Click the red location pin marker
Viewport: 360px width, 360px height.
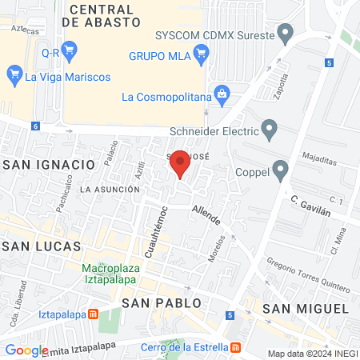click(x=181, y=162)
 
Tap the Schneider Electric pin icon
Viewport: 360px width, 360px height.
click(x=270, y=129)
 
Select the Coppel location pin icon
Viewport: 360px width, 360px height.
click(x=280, y=170)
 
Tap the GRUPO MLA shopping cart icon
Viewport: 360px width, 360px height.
click(x=200, y=55)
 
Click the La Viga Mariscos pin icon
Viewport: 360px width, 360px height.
click(x=14, y=77)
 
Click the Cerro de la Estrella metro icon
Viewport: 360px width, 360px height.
click(x=235, y=346)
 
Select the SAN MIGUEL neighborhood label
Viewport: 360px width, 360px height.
click(x=306, y=309)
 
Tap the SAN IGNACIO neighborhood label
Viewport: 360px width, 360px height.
click(x=49, y=164)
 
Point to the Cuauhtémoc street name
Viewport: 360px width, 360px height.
click(x=153, y=228)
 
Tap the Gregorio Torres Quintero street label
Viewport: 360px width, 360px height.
click(x=309, y=275)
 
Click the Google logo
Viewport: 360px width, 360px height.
click(x=26, y=350)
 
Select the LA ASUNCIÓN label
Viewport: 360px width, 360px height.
click(x=110, y=190)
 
